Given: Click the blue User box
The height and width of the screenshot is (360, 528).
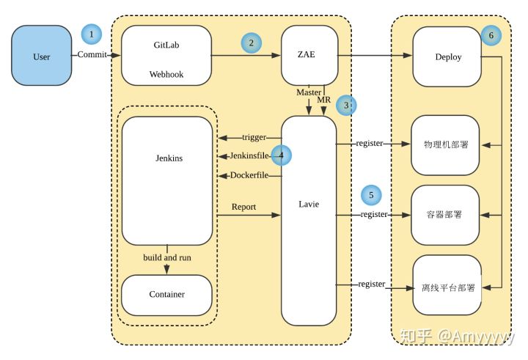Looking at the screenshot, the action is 42,55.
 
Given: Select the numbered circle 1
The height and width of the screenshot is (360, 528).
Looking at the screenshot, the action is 91,34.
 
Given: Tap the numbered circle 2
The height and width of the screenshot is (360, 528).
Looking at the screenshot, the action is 252,43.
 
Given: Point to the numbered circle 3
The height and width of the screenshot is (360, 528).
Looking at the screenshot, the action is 346,105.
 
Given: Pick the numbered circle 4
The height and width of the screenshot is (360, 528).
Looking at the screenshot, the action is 281,155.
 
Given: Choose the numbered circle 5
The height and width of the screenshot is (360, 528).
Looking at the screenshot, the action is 371,195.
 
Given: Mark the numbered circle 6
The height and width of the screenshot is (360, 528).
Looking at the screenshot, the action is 491,35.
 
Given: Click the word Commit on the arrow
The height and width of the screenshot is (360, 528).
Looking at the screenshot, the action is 92,54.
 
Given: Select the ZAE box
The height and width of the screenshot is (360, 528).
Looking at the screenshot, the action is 309,55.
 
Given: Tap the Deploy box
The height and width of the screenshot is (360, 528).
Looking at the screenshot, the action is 447,56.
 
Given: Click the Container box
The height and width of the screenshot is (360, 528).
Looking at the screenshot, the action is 166,295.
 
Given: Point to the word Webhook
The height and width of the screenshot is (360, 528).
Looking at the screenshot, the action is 166,75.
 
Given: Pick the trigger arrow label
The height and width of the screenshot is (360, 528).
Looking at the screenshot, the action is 254,137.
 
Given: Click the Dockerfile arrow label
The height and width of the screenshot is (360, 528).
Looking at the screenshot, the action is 249,175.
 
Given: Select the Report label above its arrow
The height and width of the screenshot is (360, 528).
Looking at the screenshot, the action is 243,207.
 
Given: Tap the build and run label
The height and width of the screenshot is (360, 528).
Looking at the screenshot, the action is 167,257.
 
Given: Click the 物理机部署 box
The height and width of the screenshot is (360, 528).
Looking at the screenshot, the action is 445,145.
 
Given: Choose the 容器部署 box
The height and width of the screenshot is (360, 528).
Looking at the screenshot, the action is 445,215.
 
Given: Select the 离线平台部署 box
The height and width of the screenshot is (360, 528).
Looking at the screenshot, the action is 447,285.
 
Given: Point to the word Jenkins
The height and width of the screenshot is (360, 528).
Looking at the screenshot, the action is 169,158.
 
